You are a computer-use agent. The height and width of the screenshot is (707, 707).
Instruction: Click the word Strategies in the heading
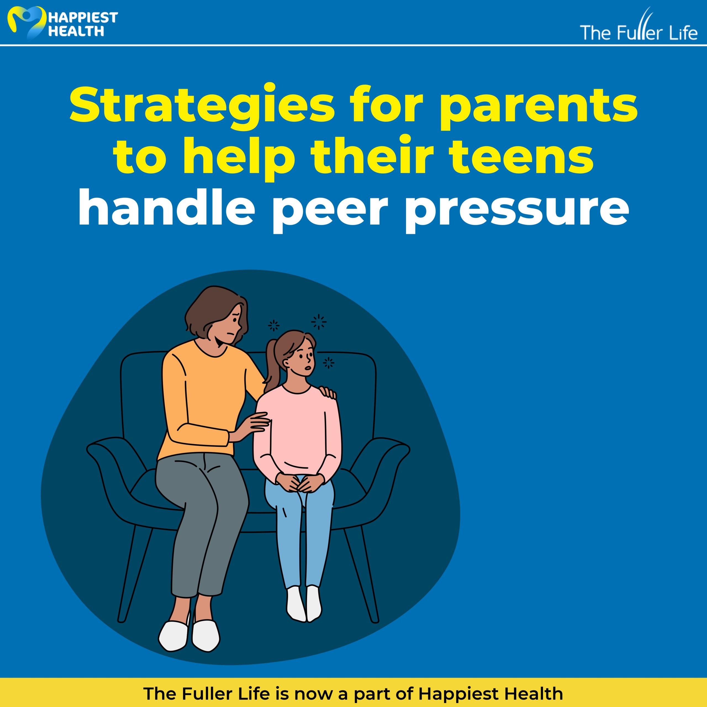(202, 106)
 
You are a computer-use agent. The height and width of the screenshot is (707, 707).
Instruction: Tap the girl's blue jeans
(299, 534)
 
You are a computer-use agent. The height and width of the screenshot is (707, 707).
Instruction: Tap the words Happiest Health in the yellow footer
(490, 693)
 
